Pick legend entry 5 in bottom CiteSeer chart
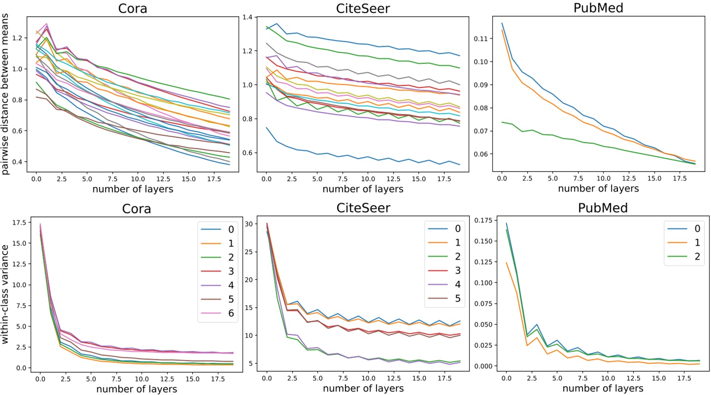457,299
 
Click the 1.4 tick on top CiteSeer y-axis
253,18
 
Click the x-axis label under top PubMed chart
598,188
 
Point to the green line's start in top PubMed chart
502,122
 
